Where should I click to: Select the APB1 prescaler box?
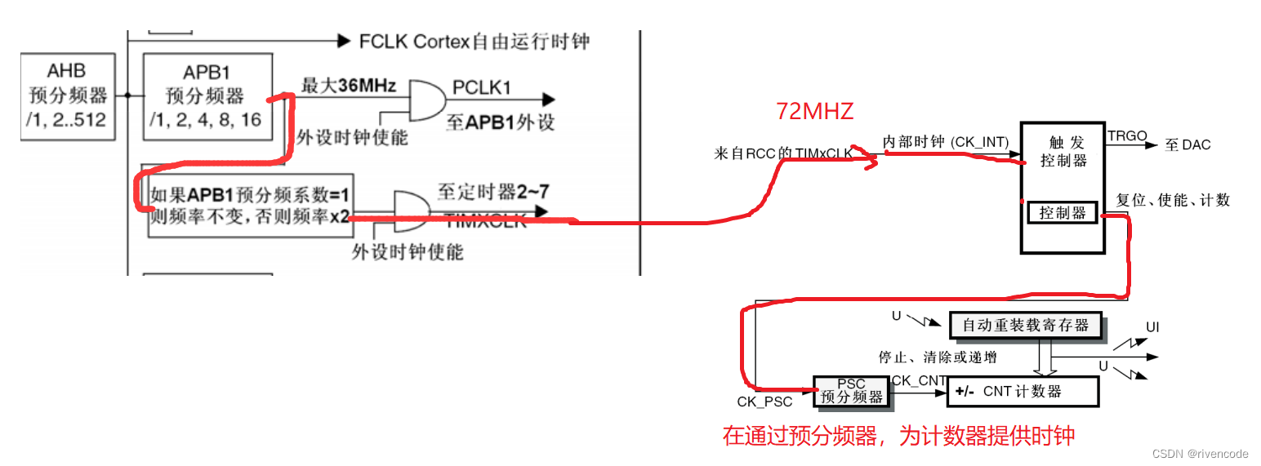pyautogui.click(x=207, y=95)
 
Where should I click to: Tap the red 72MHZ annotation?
pyautogui.click(x=814, y=111)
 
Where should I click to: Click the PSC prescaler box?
pyautogui.click(x=851, y=391)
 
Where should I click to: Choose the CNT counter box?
pyautogui.click(x=1023, y=392)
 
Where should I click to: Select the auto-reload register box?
pyautogui.click(x=1025, y=325)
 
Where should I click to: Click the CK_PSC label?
pyautogui.click(x=764, y=402)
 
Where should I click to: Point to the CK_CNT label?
pyautogui.click(x=919, y=380)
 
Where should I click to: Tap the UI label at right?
pyautogui.click(x=1152, y=327)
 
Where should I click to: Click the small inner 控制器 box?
pyautogui.click(x=1062, y=213)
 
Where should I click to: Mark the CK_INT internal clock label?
pyautogui.click(x=945, y=142)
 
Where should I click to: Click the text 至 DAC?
pyautogui.click(x=1187, y=145)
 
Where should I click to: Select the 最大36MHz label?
pyautogui.click(x=349, y=86)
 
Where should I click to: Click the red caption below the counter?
pyautogui.click(x=898, y=436)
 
